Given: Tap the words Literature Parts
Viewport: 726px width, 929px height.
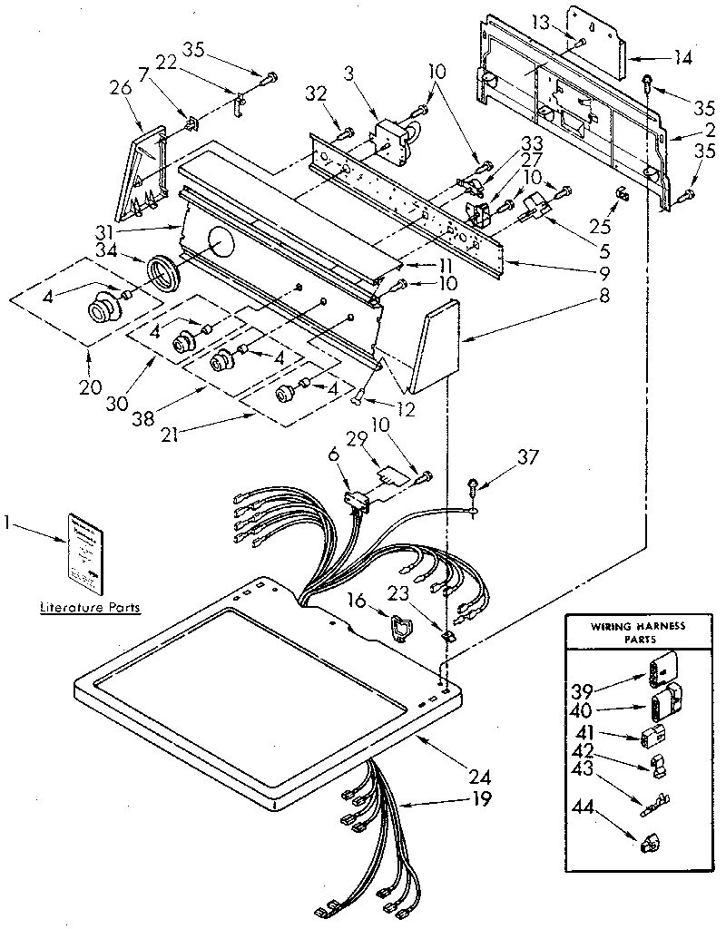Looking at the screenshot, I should [90, 607].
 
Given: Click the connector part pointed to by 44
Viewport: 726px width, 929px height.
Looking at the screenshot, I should [649, 844].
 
